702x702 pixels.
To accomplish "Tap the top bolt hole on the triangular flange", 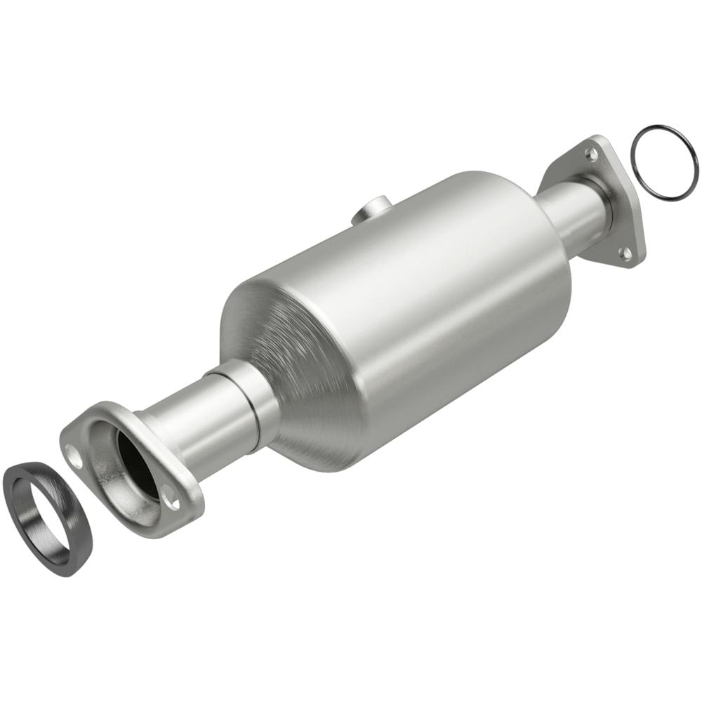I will pyautogui.click(x=592, y=152).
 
